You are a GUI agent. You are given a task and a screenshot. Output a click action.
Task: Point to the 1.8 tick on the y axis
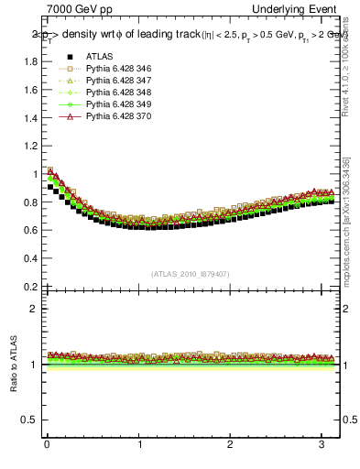click(x=30, y=61)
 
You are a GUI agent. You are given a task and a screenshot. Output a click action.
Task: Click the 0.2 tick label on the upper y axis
click(x=30, y=286)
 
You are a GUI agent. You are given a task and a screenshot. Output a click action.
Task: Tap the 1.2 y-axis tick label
click(x=30, y=146)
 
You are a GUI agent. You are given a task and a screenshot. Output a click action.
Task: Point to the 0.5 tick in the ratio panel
click(x=30, y=420)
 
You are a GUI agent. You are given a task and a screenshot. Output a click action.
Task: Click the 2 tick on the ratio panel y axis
click(x=34, y=309)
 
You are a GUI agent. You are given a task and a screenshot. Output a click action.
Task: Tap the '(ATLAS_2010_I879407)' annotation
click(x=189, y=273)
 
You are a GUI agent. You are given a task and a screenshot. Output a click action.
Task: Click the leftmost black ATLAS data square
click(x=50, y=187)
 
